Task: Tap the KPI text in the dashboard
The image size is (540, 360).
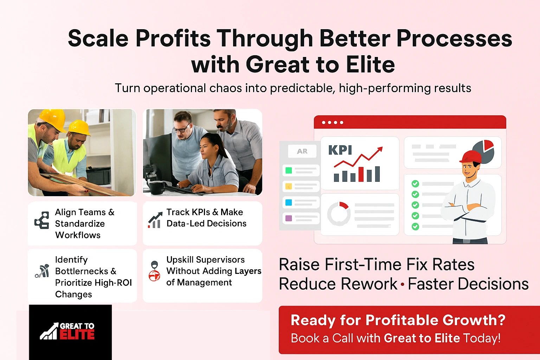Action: pyautogui.click(x=340, y=150)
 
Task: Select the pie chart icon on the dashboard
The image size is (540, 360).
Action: pyautogui.click(x=484, y=151)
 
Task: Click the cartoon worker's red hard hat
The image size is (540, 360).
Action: pyautogui.click(x=471, y=157)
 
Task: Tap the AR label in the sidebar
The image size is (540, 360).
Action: pyautogui.click(x=302, y=151)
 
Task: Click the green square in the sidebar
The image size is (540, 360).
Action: pyautogui.click(x=289, y=171)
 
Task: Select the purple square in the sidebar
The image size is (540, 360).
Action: pyautogui.click(x=289, y=218)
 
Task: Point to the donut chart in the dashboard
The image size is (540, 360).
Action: pyautogui.click(x=339, y=213)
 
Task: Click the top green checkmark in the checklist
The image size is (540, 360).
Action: pyautogui.click(x=415, y=184)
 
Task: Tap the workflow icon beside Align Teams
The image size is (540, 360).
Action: pyautogui.click(x=42, y=220)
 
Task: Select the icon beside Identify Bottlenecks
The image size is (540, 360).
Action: pyautogui.click(x=42, y=271)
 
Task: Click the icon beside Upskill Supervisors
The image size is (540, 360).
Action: pyautogui.click(x=154, y=271)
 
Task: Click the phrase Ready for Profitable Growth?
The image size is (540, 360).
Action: pyautogui.click(x=398, y=320)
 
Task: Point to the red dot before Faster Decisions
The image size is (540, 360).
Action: pyautogui.click(x=403, y=284)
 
